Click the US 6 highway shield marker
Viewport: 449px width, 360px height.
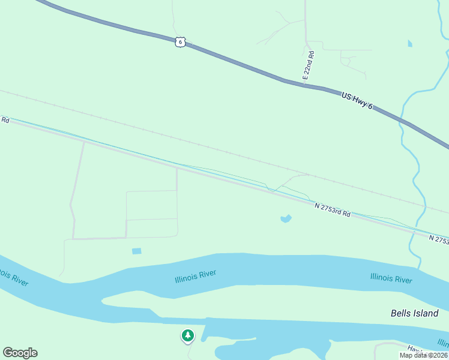tap(181, 41)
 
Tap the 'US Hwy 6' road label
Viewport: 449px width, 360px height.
tap(357, 101)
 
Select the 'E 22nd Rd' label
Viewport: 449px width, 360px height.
tap(309, 66)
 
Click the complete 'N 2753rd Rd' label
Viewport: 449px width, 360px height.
tap(333, 209)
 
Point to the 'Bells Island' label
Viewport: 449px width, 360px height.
tap(414, 313)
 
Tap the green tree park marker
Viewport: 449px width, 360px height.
tap(188, 335)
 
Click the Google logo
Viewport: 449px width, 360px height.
tap(20, 353)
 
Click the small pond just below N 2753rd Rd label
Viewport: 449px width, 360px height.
tap(286, 218)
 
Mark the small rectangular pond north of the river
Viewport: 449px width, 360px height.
tap(137, 251)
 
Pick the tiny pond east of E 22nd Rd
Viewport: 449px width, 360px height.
tap(410, 43)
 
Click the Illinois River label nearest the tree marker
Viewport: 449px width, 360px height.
tap(195, 277)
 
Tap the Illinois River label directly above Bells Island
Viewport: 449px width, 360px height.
tap(391, 279)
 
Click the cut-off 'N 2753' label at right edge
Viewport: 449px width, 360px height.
tap(439, 239)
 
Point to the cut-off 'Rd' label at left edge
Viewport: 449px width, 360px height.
tap(5, 120)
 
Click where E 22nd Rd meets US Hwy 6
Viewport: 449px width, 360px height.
tap(306, 84)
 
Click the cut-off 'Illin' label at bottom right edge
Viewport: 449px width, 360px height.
tap(443, 343)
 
